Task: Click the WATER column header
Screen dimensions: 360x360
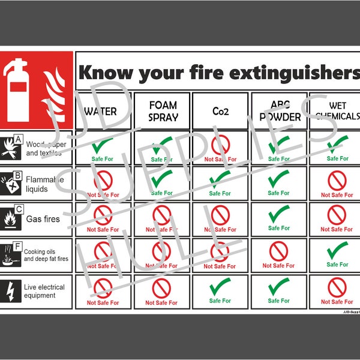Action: pyautogui.click(x=101, y=112)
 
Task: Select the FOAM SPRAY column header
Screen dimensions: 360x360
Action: pyautogui.click(x=163, y=111)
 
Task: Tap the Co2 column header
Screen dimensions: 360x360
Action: pyautogui.click(x=220, y=112)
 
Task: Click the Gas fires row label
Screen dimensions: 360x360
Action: pyautogui.click(x=43, y=219)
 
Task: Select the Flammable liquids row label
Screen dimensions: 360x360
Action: pyautogui.click(x=41, y=184)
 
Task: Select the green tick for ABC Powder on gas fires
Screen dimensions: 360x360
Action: pyautogui.click(x=278, y=214)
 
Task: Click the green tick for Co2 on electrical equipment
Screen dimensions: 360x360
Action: pyautogui.click(x=220, y=287)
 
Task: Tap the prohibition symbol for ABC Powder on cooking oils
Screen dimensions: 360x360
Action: pyautogui.click(x=278, y=251)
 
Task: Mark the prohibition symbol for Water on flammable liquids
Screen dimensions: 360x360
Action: pyautogui.click(x=103, y=180)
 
